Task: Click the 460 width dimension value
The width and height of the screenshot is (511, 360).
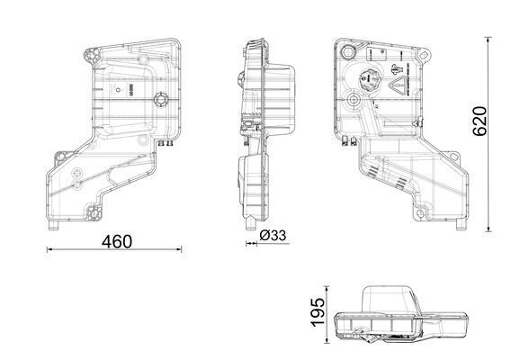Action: [116, 241]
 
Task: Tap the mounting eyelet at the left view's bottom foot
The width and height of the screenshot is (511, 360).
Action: [92, 214]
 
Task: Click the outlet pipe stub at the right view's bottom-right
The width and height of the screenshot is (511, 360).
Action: [459, 223]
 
